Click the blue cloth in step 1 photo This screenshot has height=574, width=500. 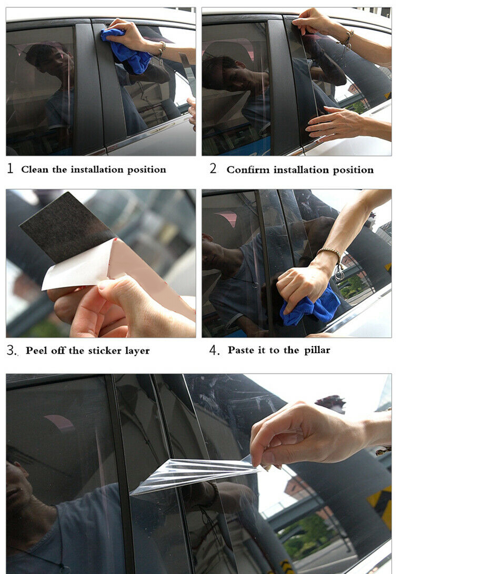pos(126,51)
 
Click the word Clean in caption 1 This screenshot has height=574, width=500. pos(34,169)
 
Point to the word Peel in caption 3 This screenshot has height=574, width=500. pos(36,351)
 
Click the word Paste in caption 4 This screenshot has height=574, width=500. pos(241,350)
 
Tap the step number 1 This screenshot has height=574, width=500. pos(10,168)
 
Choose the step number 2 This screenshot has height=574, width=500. pos(213,168)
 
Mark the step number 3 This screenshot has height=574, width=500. pos(11,351)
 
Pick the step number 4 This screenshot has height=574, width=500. pos(214,351)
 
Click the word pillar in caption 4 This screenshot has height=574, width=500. pos(317,351)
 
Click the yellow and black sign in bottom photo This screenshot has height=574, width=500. pos(380,507)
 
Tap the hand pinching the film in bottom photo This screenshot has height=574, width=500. pos(311,434)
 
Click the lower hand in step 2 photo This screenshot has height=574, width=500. pos(344,124)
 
